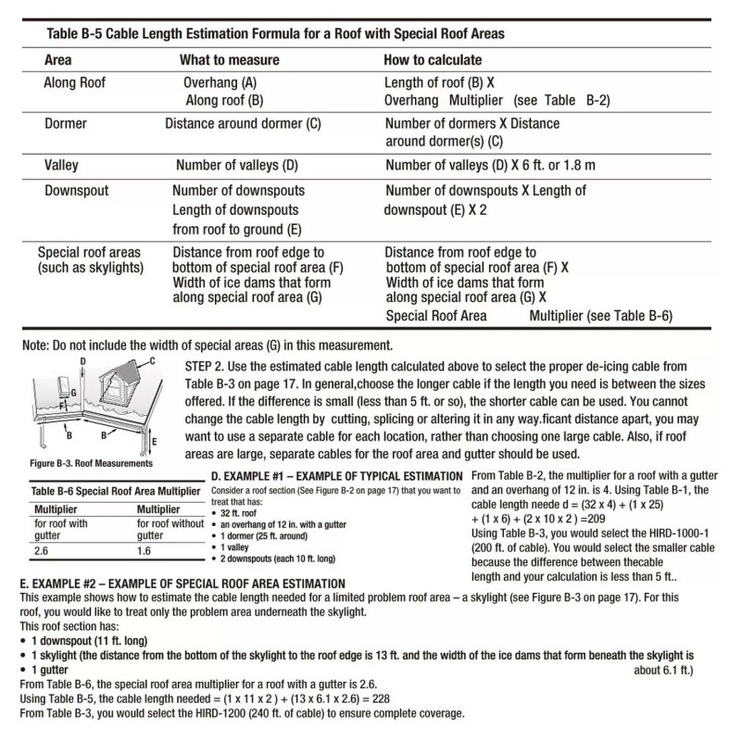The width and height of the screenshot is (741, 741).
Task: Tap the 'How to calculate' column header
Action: pos(433,59)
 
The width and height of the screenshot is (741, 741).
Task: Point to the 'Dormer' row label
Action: pos(67,123)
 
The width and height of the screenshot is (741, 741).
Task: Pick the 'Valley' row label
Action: pos(62,166)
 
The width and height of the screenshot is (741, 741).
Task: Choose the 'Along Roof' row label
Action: pos(75,82)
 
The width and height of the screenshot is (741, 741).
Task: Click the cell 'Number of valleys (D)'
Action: pos(237,166)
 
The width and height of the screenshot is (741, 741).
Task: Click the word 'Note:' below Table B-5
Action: pos(36,345)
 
